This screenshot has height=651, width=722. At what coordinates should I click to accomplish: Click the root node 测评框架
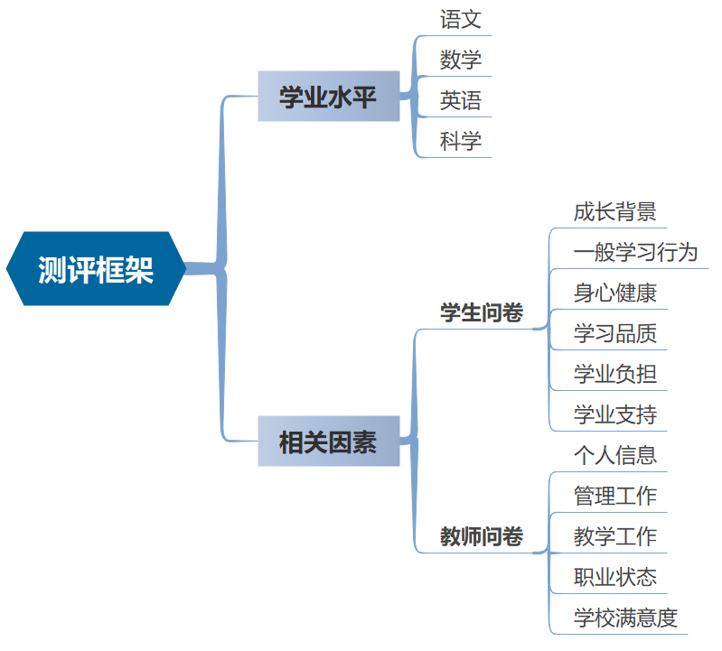96,269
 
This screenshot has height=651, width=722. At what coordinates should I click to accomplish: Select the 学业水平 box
328,97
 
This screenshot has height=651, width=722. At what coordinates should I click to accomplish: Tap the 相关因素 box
328,442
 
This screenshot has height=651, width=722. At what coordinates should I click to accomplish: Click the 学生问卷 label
481,313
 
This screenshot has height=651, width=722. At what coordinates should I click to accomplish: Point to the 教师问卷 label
481,536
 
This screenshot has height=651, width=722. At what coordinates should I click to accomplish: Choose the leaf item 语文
461,19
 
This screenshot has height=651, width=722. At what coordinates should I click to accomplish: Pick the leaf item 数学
461,60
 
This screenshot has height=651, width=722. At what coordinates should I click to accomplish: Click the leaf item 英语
461,100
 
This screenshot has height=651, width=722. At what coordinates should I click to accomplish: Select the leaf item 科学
461,141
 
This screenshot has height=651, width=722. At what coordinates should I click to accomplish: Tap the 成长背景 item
614,212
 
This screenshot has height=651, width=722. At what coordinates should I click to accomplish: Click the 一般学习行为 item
635,252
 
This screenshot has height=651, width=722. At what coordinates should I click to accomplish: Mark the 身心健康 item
614,293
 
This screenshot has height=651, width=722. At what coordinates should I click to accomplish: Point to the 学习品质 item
614,333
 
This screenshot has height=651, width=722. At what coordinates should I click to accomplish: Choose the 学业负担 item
614,374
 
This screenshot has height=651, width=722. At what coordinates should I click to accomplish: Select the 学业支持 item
614,414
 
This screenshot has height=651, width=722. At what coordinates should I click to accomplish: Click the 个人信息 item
614,455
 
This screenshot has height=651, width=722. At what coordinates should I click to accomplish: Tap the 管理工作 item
614,496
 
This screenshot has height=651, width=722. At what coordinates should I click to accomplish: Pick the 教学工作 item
614,536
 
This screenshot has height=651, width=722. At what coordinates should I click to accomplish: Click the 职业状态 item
614,577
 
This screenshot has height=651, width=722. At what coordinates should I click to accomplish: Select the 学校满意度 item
625,618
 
